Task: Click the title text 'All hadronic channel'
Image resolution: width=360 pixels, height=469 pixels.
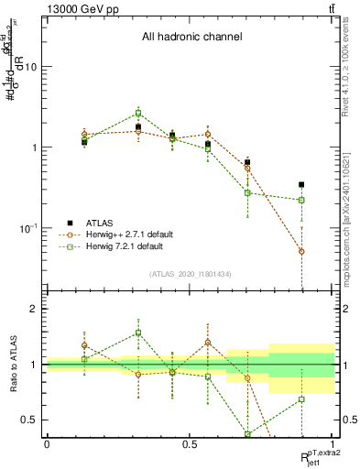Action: pos(191,38)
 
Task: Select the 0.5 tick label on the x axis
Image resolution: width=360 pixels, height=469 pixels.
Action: pos(190,443)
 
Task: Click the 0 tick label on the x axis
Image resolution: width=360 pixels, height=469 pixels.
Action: pos(47,443)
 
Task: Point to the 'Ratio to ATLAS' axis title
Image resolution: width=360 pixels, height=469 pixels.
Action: pos(16,365)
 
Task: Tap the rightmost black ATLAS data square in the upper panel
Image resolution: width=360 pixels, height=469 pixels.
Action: pos(301,185)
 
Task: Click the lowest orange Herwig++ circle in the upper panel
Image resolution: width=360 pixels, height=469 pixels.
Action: pos(301,251)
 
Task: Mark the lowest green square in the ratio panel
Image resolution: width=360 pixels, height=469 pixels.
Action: pos(248,434)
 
